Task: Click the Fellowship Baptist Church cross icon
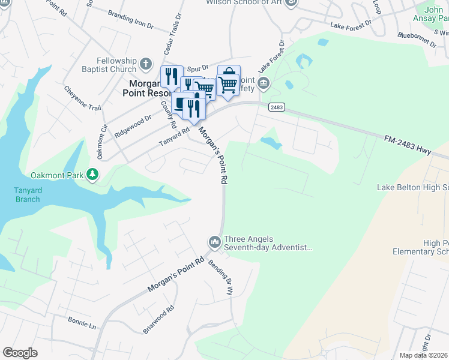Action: [x=146, y=64]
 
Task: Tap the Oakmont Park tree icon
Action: [x=92, y=175]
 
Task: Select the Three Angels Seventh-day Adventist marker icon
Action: [x=215, y=242]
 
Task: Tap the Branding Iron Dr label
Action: [x=130, y=19]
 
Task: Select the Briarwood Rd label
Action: [x=159, y=320]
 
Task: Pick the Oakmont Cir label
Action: [x=102, y=142]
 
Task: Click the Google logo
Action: [x=20, y=353]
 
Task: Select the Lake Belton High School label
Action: [x=413, y=187]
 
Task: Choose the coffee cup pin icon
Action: [x=182, y=103]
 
